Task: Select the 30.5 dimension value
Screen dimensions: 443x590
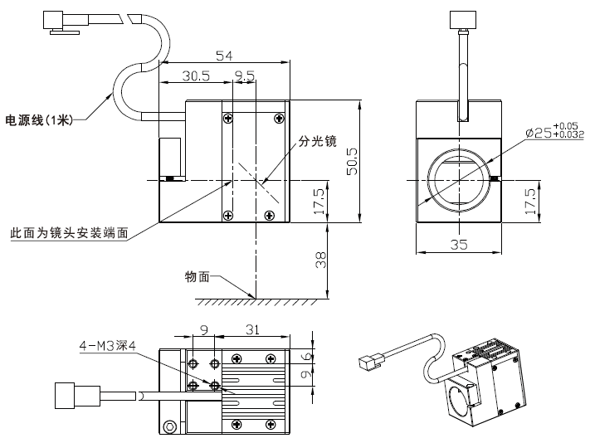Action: click(196, 75)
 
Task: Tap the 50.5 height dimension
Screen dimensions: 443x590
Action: click(352, 161)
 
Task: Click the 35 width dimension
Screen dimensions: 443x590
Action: click(459, 244)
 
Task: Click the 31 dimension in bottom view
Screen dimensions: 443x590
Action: click(253, 329)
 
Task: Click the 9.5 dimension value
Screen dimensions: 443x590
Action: click(245, 75)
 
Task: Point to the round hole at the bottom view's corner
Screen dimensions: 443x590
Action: click(171, 426)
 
